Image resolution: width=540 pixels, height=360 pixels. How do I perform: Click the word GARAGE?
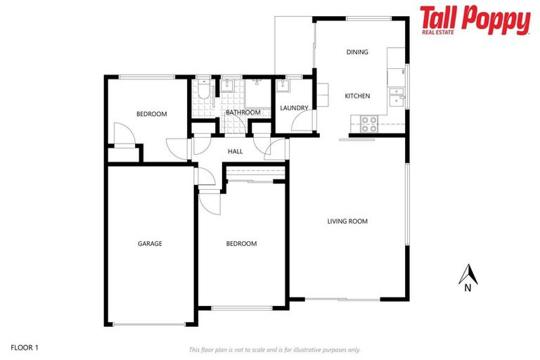pyautogui.click(x=150, y=244)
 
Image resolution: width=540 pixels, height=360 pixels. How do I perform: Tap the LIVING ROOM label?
pyautogui.click(x=347, y=221)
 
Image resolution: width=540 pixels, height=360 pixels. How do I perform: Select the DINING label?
pyautogui.click(x=357, y=52)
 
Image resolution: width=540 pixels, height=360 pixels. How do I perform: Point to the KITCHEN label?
pyautogui.click(x=356, y=96)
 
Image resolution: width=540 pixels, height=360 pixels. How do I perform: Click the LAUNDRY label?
pyautogui.click(x=294, y=108)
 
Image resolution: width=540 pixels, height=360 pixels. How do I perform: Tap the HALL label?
pyautogui.click(x=236, y=151)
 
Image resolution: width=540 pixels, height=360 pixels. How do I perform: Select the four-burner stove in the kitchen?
pyautogui.click(x=369, y=124)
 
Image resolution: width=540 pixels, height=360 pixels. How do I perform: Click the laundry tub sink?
pyautogui.click(x=283, y=87)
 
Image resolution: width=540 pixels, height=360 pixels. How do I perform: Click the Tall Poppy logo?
pyautogui.click(x=475, y=20)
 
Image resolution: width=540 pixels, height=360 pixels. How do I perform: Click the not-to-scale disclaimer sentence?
pyautogui.click(x=274, y=349)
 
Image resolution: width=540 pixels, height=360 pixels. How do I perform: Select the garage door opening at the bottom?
pyautogui.click(x=150, y=324)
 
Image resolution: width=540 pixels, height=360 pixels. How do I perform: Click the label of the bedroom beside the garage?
pyautogui.click(x=241, y=244)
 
